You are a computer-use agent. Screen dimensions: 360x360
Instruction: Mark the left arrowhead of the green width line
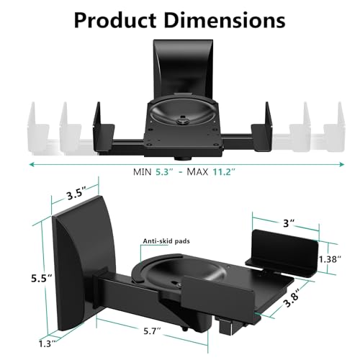click(x=32, y=164)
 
